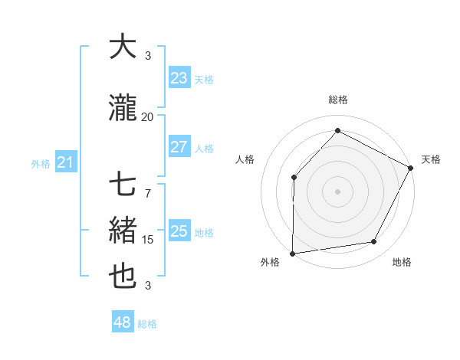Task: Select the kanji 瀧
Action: tap(123, 108)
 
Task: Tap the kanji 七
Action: tap(123, 186)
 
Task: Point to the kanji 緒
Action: tap(123, 231)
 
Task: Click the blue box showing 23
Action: tap(179, 78)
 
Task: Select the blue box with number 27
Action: tap(179, 148)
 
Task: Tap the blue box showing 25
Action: tap(179, 231)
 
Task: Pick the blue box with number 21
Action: tap(65, 162)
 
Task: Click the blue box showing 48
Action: tap(123, 322)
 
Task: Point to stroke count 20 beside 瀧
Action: tap(148, 117)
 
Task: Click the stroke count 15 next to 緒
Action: tap(148, 240)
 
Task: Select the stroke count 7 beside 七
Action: tap(148, 186)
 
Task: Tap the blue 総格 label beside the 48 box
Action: tap(147, 324)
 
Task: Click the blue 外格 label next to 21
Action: tap(41, 163)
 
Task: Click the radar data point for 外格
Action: tap(293, 253)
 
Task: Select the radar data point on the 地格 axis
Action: tap(374, 242)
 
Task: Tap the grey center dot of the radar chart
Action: tap(337, 191)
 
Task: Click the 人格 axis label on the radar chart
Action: tap(245, 159)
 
